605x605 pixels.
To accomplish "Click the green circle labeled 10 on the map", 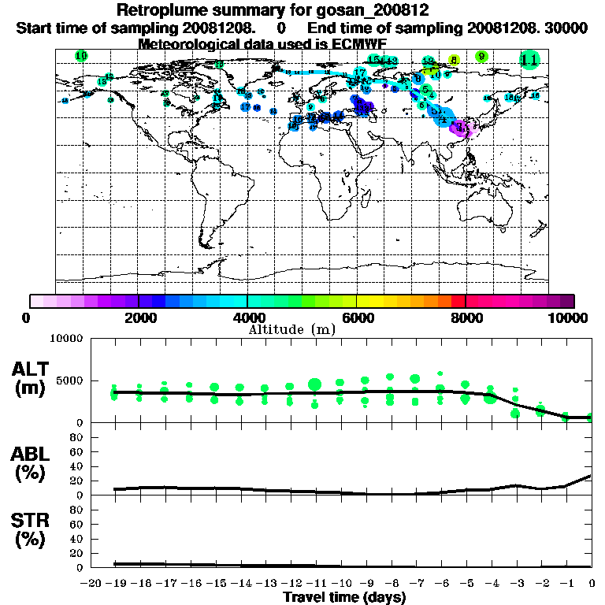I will tap(81, 55).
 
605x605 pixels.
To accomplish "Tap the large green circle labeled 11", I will tap(529, 59).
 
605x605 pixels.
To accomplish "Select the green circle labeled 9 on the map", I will tap(482, 57).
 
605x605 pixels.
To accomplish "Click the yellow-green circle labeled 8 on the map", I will tap(454, 60).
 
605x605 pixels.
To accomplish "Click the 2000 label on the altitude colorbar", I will tap(137, 318).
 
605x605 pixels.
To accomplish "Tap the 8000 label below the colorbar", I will tap(465, 318).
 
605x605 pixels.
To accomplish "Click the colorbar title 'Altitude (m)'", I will tap(291, 328).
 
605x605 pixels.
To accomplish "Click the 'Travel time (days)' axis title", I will tap(344, 598).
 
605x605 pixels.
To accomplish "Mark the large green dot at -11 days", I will tap(314, 384).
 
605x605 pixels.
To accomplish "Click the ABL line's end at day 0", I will tap(591, 475).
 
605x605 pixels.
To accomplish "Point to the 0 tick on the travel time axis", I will tap(592, 584).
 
